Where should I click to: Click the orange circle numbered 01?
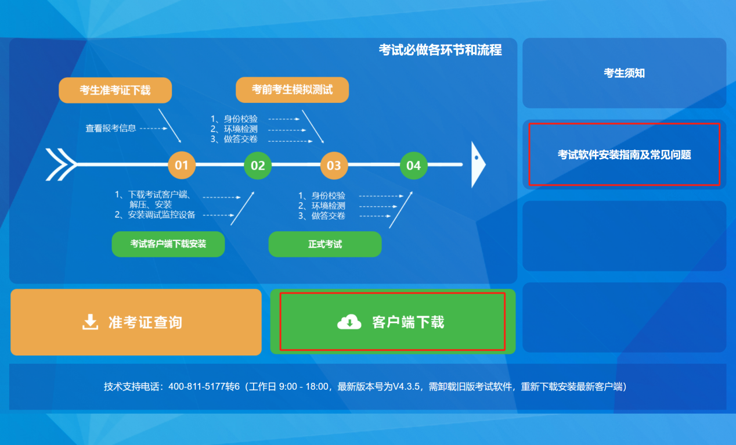coord(182,166)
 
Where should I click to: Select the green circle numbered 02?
coord(258,166)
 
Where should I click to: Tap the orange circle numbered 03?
coord(334,166)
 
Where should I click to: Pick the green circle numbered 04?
coord(413,166)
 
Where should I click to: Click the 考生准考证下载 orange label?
coord(115,90)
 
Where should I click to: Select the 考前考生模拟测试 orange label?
coord(292,89)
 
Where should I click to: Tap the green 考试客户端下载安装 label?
coord(168,244)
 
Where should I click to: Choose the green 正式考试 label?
coord(324,244)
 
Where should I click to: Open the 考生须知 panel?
coord(624,73)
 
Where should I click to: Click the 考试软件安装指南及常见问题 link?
coord(624,155)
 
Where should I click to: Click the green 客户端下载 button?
coord(392,322)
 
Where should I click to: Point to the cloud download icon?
coord(349,321)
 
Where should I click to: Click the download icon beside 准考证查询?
coord(90,322)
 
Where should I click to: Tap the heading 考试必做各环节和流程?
coord(440,50)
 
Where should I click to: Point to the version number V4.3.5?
coord(410,386)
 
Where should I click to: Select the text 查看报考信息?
coord(111,128)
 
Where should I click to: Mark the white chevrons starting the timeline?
coord(60,164)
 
